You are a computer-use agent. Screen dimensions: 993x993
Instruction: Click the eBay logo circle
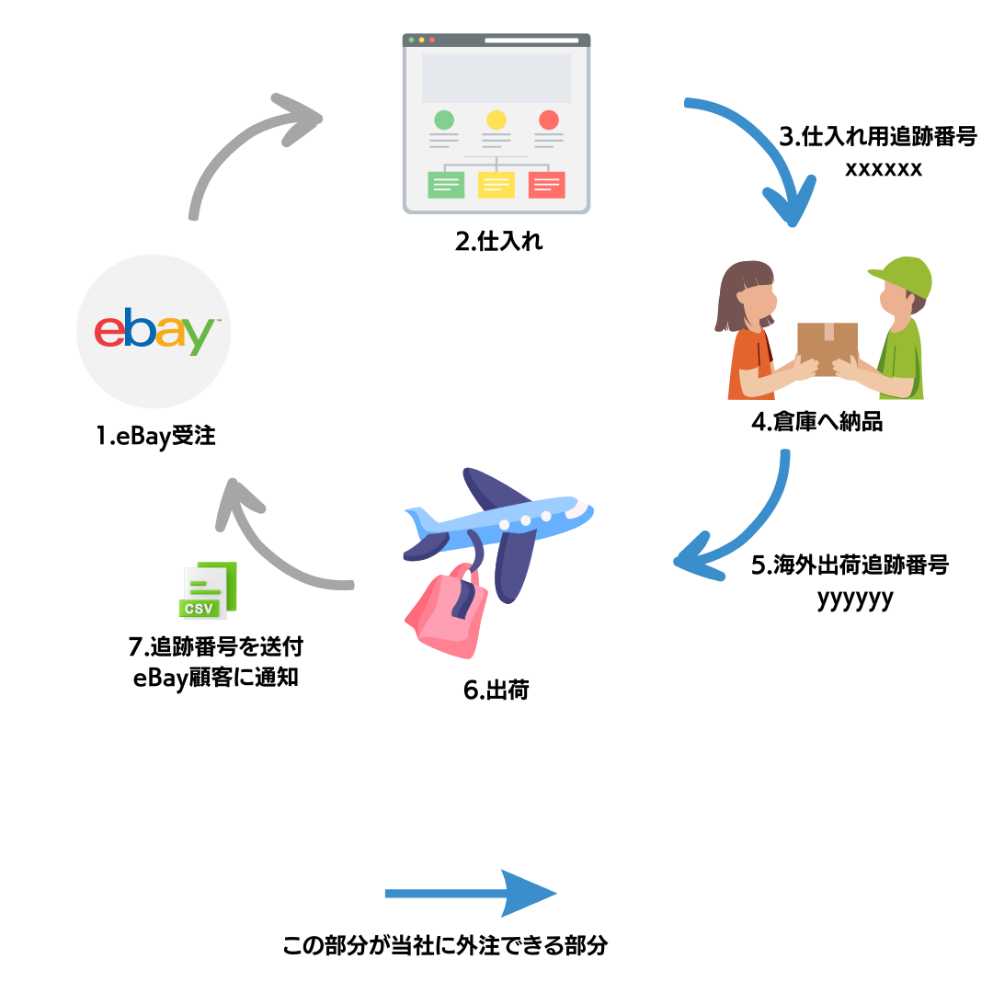point(154,331)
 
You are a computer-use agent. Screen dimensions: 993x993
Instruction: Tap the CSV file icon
point(208,591)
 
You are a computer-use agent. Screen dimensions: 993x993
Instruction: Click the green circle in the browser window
point(444,120)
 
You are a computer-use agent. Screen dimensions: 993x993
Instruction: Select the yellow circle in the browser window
point(496,120)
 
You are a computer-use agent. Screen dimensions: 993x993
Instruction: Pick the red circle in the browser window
point(549,120)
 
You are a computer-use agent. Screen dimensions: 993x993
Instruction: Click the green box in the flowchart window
point(446,185)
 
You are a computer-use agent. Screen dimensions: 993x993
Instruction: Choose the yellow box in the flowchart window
point(496,185)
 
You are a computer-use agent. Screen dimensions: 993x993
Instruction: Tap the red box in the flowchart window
point(546,185)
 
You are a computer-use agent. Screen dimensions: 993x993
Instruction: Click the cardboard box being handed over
point(827,344)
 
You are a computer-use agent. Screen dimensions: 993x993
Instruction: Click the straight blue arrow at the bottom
point(469,893)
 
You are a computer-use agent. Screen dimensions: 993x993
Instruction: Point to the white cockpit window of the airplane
point(577,508)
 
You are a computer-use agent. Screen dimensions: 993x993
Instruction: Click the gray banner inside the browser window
point(496,78)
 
